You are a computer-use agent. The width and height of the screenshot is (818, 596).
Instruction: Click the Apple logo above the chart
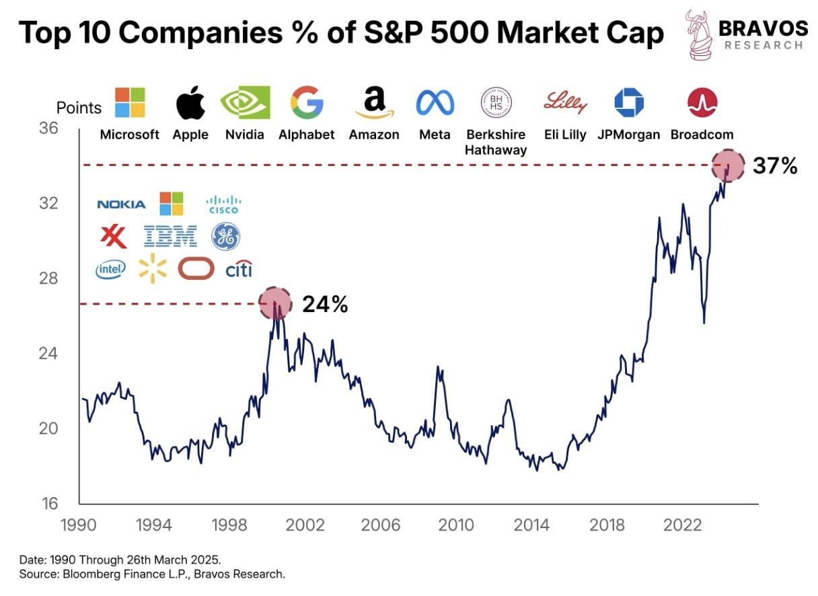click(x=190, y=103)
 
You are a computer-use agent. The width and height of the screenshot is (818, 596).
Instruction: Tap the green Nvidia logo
click(x=245, y=102)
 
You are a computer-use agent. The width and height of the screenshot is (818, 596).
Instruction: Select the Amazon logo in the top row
click(x=374, y=103)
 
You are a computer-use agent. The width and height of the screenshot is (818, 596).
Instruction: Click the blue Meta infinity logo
click(x=435, y=103)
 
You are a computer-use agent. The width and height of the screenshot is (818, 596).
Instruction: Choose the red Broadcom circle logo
click(x=702, y=103)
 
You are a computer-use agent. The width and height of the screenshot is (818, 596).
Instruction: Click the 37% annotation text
click(x=775, y=165)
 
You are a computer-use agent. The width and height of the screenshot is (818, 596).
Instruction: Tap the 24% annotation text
click(x=325, y=305)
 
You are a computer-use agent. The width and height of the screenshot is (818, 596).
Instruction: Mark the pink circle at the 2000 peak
click(x=274, y=304)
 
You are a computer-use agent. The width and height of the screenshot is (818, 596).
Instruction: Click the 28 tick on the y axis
click(x=48, y=278)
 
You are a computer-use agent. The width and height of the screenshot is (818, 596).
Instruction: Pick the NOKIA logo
click(x=121, y=204)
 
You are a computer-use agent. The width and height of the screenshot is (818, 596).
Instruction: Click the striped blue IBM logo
click(x=170, y=236)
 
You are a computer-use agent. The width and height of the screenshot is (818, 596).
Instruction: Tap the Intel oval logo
click(x=111, y=270)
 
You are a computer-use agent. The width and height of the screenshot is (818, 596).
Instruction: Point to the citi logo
click(x=238, y=269)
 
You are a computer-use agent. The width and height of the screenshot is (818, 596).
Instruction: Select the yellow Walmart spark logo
click(x=153, y=268)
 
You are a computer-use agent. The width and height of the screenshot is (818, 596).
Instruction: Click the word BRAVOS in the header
click(x=763, y=28)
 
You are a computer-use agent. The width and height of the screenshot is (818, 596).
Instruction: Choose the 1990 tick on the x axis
click(x=79, y=525)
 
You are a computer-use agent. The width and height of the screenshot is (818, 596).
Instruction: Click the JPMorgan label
click(x=628, y=135)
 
